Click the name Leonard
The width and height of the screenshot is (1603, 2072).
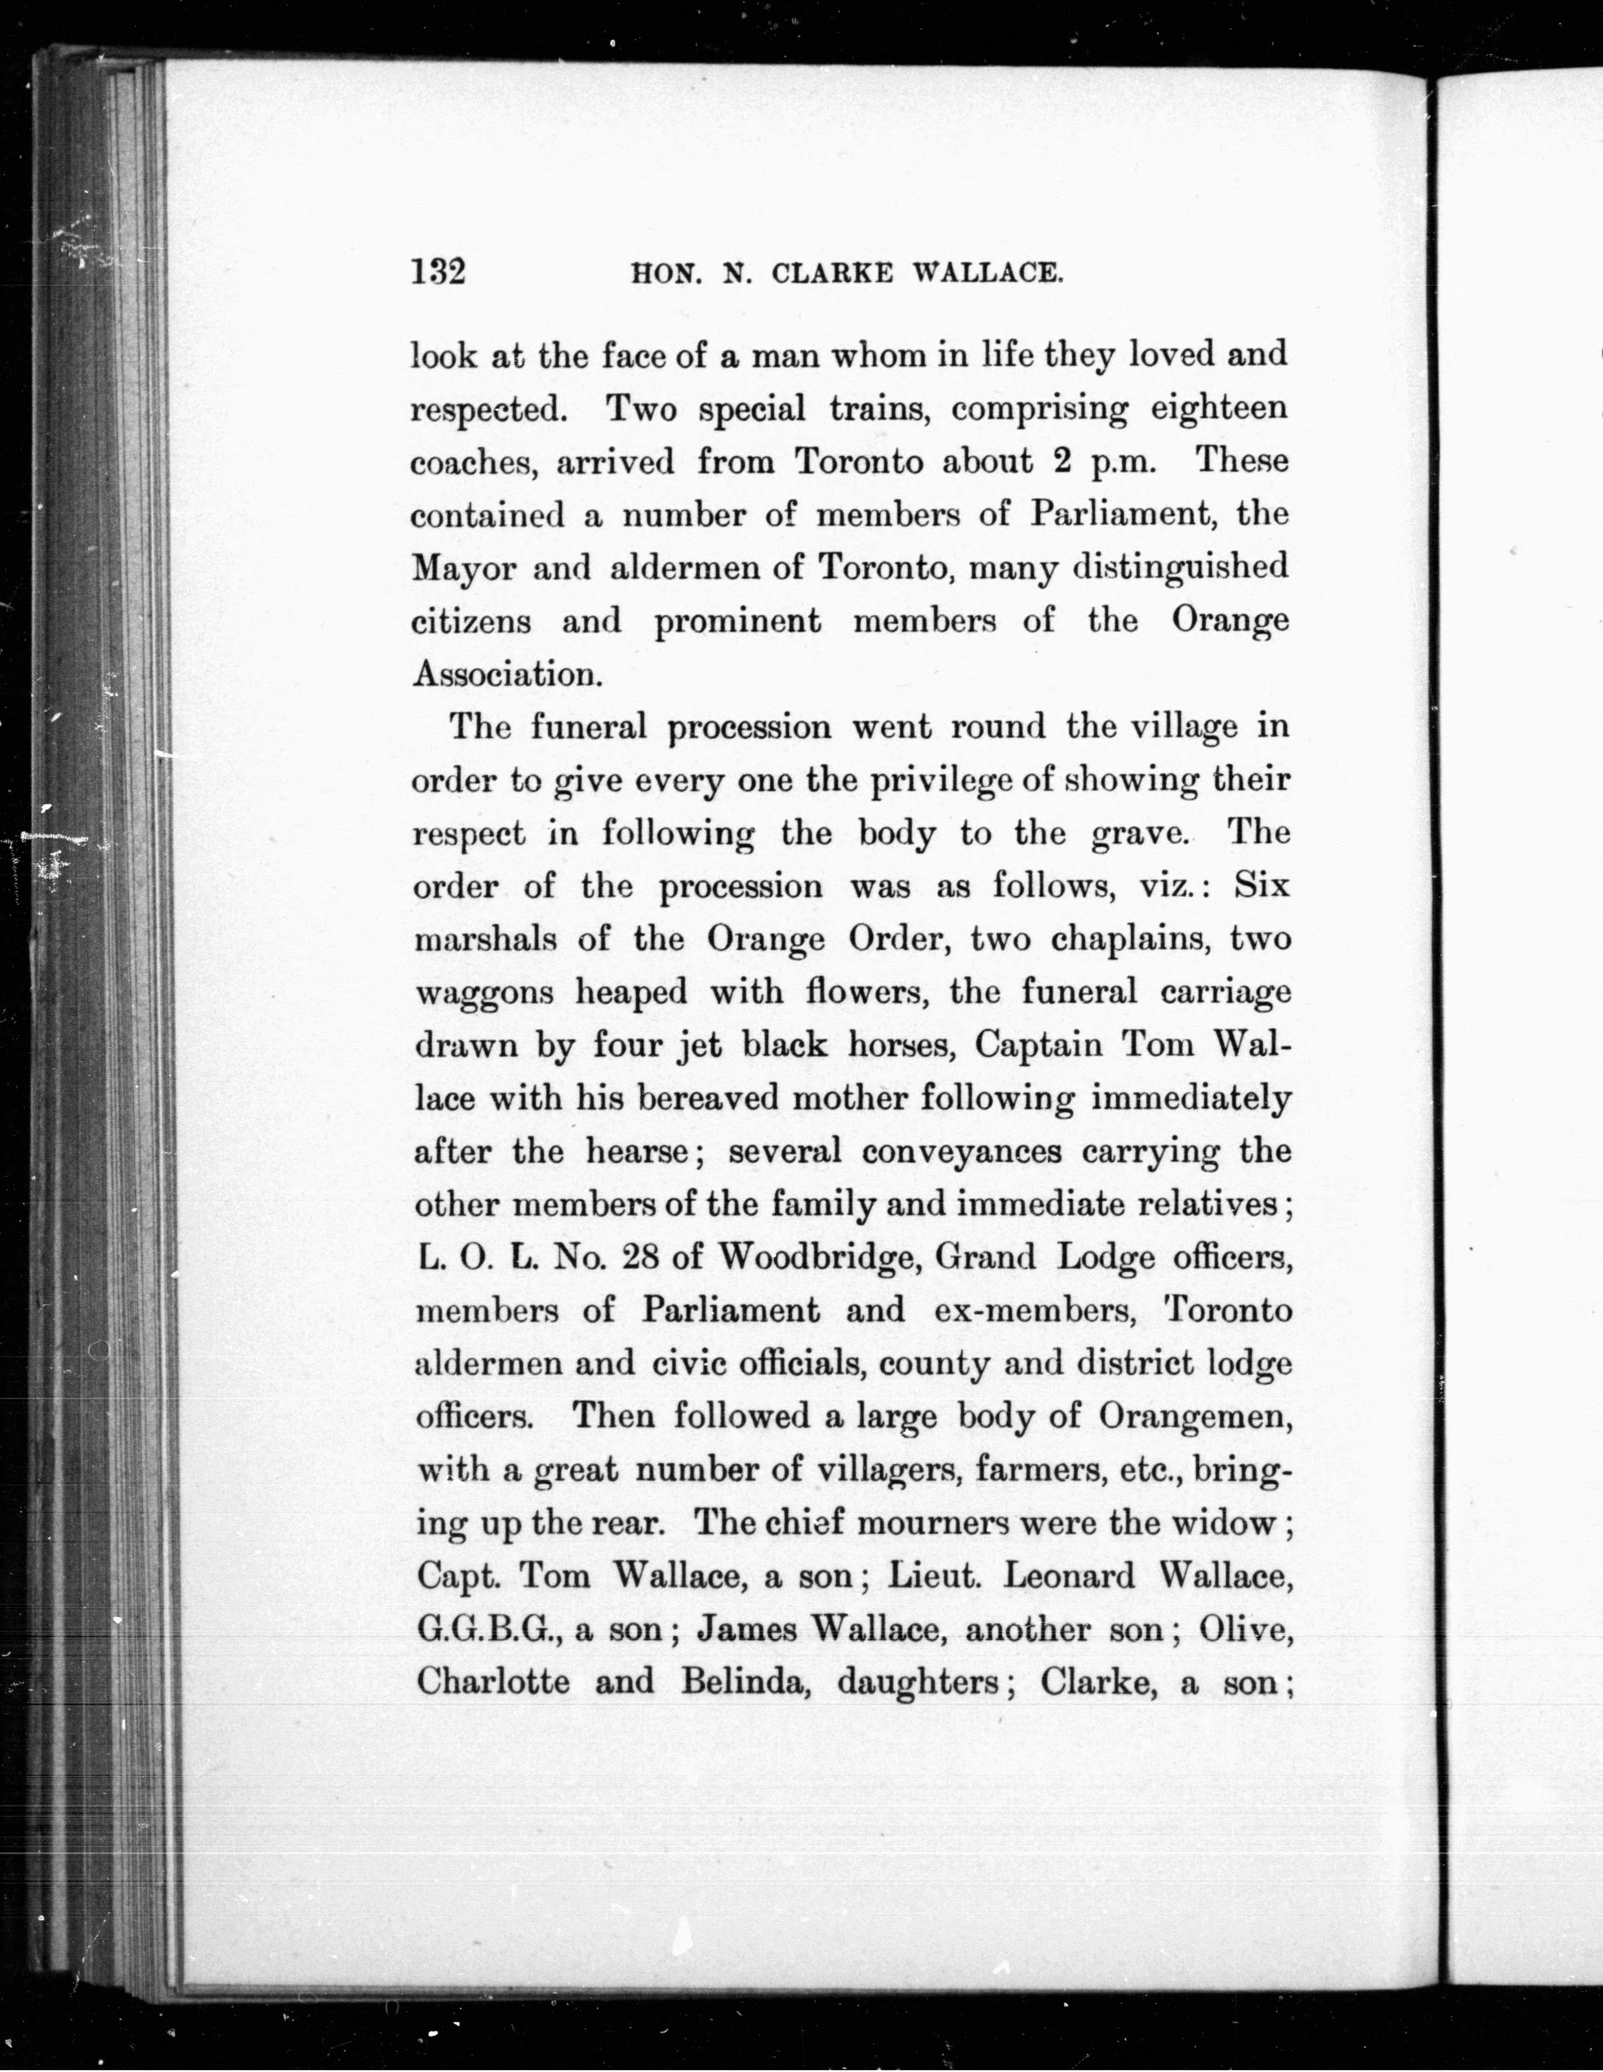pyautogui.click(x=1068, y=1576)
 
